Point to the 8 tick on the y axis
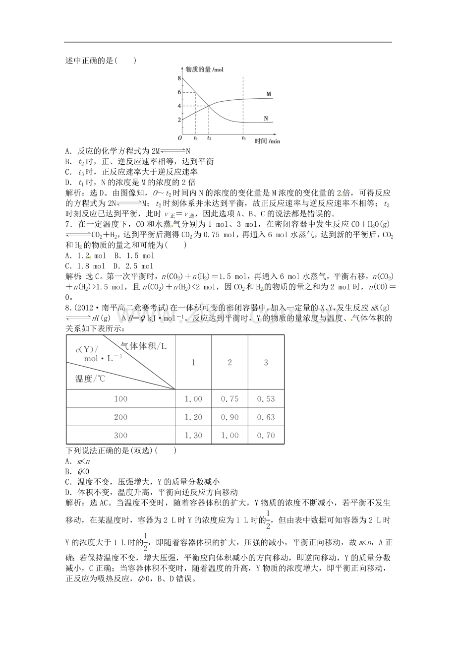pos(179,79)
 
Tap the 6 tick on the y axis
pos(179,92)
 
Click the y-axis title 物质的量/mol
pos(204,69)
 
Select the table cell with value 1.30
pos(193,436)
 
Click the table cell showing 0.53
pos(266,399)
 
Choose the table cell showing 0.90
pos(229,417)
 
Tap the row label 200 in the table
pos(120,417)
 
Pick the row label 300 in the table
pos(120,436)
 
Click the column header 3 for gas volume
pos(266,363)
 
